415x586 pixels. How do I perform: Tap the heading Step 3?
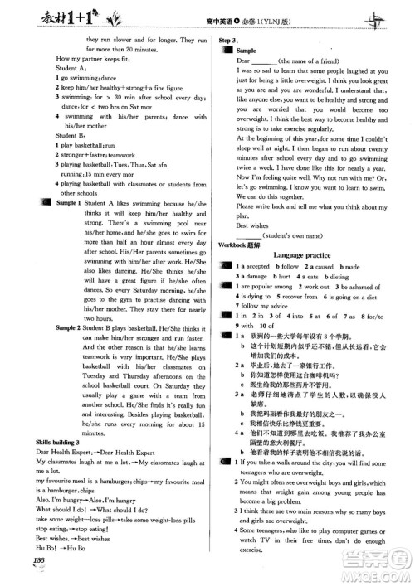(x=229, y=39)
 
